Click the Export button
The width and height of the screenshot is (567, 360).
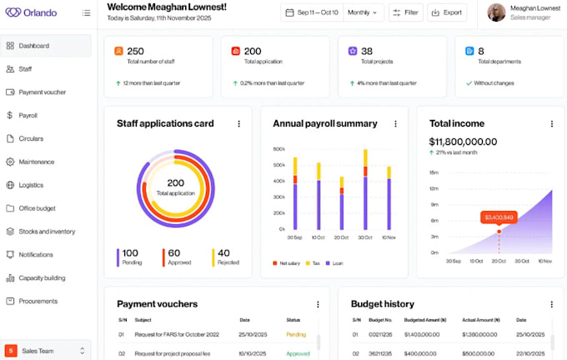(447, 12)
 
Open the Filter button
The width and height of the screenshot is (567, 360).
(407, 12)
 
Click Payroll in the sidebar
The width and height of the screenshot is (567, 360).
(28, 115)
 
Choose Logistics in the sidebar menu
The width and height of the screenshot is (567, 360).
(31, 185)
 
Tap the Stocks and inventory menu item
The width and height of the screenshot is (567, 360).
(47, 232)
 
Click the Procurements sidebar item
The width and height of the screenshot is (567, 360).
(38, 301)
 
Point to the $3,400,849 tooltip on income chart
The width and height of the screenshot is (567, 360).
(498, 217)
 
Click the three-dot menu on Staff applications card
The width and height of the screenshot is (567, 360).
(238, 123)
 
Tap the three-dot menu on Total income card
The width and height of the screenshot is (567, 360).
(551, 123)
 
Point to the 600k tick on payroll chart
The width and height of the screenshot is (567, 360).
(278, 149)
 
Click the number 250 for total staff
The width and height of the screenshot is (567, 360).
(135, 52)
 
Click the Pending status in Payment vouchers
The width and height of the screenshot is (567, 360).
(296, 335)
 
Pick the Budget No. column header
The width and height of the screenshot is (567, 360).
(379, 320)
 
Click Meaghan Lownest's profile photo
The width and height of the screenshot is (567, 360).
(496, 12)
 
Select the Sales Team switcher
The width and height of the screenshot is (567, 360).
(46, 351)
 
